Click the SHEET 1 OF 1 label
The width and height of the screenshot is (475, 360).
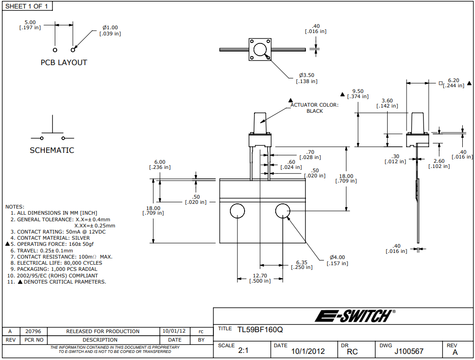pyautogui.click(x=27, y=6)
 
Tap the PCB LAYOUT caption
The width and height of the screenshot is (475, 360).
pyautogui.click(x=64, y=62)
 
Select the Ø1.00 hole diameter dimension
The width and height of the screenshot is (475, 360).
pyautogui.click(x=110, y=30)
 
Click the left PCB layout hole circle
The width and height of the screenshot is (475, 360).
pyautogui.click(x=55, y=50)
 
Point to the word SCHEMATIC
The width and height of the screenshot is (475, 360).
pyautogui.click(x=52, y=151)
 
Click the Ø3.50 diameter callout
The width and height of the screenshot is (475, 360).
pyautogui.click(x=306, y=78)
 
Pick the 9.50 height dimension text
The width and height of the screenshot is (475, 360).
pyautogui.click(x=357, y=93)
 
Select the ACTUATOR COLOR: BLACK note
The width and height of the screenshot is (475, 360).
pyautogui.click(x=314, y=108)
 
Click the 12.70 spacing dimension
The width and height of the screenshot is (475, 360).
pyautogui.click(x=260, y=278)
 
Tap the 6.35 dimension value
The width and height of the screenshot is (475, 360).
pyautogui.click(x=302, y=264)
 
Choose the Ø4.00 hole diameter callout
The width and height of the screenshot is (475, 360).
pyautogui.click(x=337, y=260)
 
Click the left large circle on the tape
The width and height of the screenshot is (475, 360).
pyautogui.click(x=237, y=211)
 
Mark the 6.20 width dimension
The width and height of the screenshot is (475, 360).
pyautogui.click(x=453, y=83)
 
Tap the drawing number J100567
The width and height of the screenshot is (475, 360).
pyautogui.click(x=409, y=352)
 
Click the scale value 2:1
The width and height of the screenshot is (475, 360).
pyautogui.click(x=244, y=351)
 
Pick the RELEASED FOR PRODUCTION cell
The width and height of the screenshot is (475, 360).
pyautogui.click(x=103, y=331)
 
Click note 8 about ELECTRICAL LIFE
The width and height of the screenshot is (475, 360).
pyautogui.click(x=59, y=263)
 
